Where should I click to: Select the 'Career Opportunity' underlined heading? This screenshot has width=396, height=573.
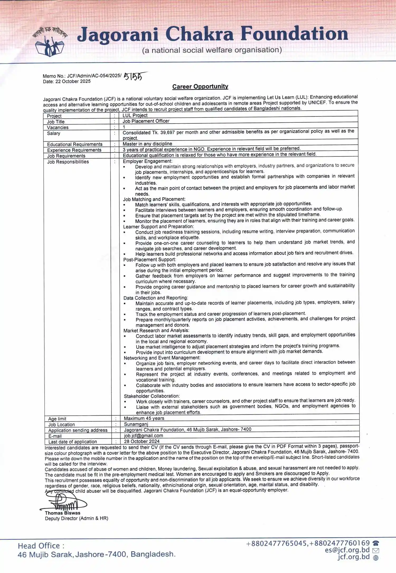pos(200,86)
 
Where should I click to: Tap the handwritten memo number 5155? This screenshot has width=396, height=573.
pos(133,77)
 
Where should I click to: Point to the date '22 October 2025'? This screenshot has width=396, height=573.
pos(73,81)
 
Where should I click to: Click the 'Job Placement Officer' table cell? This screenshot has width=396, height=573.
pos(146,121)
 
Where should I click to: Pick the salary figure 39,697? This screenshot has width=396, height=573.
pos(167,132)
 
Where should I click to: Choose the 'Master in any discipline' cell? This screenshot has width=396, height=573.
pos(147,144)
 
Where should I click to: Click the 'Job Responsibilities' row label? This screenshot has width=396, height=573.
pos(68,162)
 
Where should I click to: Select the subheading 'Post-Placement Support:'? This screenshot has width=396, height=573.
pos(149,259)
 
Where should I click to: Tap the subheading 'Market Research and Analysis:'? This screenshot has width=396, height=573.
pos(156,331)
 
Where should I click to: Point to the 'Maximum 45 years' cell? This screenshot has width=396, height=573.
pos(144,418)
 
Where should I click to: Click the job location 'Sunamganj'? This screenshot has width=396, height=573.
pos(136,424)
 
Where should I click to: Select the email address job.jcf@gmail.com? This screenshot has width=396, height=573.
pos(143,436)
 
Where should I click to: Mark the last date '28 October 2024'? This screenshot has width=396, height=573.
pos(142,441)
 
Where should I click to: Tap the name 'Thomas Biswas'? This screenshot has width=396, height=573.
pos(63,513)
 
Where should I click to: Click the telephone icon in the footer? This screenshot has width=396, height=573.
pos(376,544)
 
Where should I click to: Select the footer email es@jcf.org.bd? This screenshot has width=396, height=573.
pos(347,550)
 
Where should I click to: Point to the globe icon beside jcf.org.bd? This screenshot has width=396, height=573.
pos(376,558)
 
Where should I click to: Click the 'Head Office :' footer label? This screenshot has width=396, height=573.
pos(41,546)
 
